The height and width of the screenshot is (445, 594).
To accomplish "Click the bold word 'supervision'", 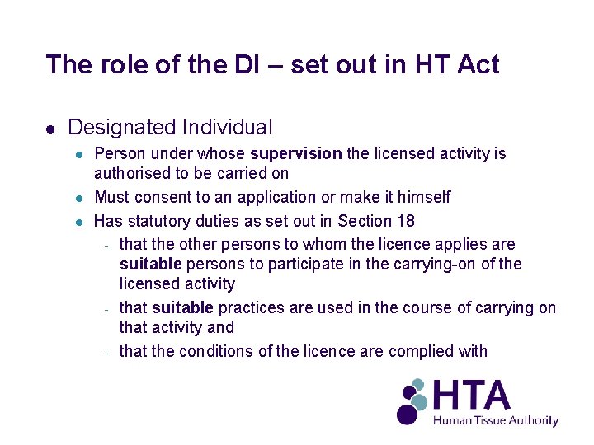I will (295, 154).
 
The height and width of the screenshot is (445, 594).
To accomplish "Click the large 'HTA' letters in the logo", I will (472, 396).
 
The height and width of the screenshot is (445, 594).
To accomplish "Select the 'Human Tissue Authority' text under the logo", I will (496, 421).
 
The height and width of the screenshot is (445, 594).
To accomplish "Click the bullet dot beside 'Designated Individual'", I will (50, 129).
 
